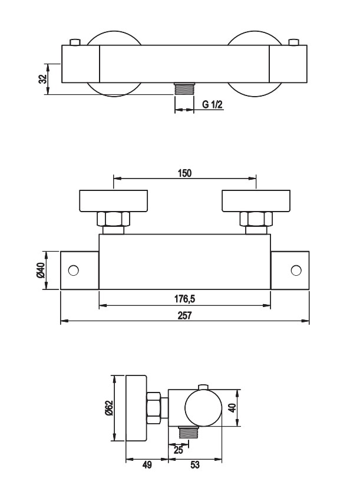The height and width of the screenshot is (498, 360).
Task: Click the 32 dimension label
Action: (x=43, y=79)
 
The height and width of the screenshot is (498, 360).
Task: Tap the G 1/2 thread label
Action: (x=212, y=104)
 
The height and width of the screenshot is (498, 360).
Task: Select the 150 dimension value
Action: (x=185, y=173)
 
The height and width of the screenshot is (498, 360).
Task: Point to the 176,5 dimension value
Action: (x=185, y=299)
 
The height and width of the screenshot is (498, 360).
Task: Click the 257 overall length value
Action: (x=185, y=315)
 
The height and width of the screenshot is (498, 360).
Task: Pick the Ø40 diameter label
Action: (x=41, y=271)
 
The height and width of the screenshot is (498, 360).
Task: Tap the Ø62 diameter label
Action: (x=109, y=408)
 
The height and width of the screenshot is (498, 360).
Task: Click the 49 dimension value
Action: (x=147, y=465)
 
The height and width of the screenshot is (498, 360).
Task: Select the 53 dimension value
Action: (x=195, y=465)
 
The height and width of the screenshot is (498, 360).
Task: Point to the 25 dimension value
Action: (x=179, y=450)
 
